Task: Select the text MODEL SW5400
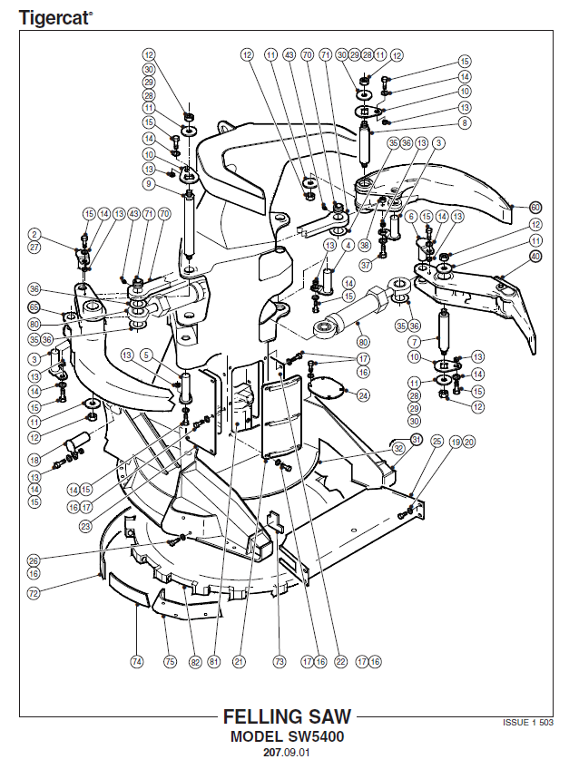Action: pyautogui.click(x=287, y=736)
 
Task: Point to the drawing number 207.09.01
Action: pyautogui.click(x=287, y=753)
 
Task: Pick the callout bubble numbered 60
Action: pyautogui.click(x=535, y=207)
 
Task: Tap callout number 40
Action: pyautogui.click(x=535, y=256)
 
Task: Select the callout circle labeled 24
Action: pyautogui.click(x=363, y=394)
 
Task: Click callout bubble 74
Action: pyautogui.click(x=136, y=662)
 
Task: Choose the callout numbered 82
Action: pyautogui.click(x=194, y=662)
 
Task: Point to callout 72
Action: pyautogui.click(x=34, y=593)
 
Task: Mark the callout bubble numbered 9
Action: pyautogui.click(x=149, y=185)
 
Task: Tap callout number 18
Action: pyautogui.click(x=34, y=460)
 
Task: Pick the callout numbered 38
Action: pyautogui.click(x=364, y=246)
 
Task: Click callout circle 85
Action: pyautogui.click(x=34, y=307)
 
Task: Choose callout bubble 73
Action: pyautogui.click(x=279, y=662)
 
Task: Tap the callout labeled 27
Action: pyautogui.click(x=34, y=247)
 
